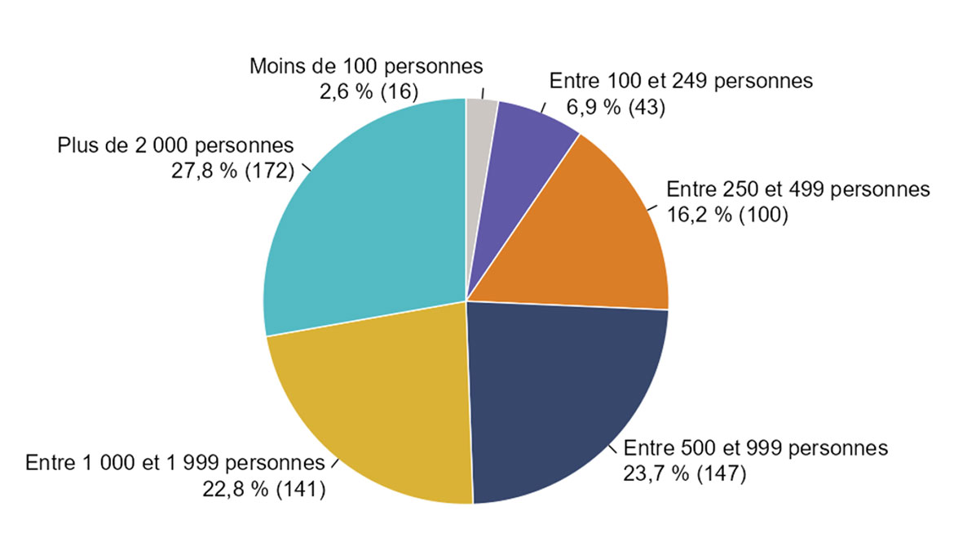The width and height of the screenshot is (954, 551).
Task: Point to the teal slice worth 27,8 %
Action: coord(359,220)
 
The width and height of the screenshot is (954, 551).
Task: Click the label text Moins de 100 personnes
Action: coord(367,65)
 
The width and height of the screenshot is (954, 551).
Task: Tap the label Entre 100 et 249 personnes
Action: coord(682,82)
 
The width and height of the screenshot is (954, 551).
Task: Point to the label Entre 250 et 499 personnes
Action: coord(798,190)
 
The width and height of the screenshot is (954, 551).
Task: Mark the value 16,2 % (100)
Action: coord(727,216)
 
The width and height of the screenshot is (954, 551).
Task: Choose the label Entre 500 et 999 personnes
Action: coord(756,448)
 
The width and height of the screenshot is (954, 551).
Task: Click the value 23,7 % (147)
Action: coord(685,473)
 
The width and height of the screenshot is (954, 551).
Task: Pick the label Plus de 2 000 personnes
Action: coord(175,147)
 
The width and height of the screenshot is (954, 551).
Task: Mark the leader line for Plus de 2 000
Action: coord(308,169)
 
